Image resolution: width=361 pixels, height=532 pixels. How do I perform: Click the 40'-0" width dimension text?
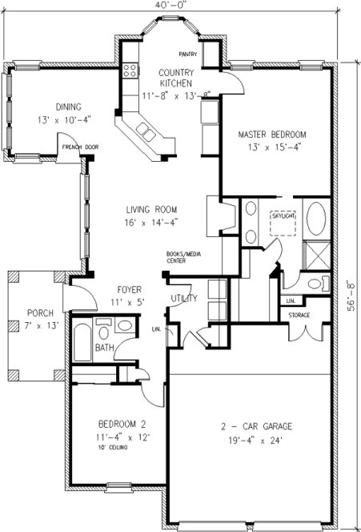[173, 6]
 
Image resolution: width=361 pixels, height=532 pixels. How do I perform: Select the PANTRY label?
[188, 54]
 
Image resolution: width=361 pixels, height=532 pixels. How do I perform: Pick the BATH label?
[104, 348]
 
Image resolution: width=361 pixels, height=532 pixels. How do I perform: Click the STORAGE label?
[299, 315]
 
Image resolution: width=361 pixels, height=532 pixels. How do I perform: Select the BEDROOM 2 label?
[122, 423]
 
